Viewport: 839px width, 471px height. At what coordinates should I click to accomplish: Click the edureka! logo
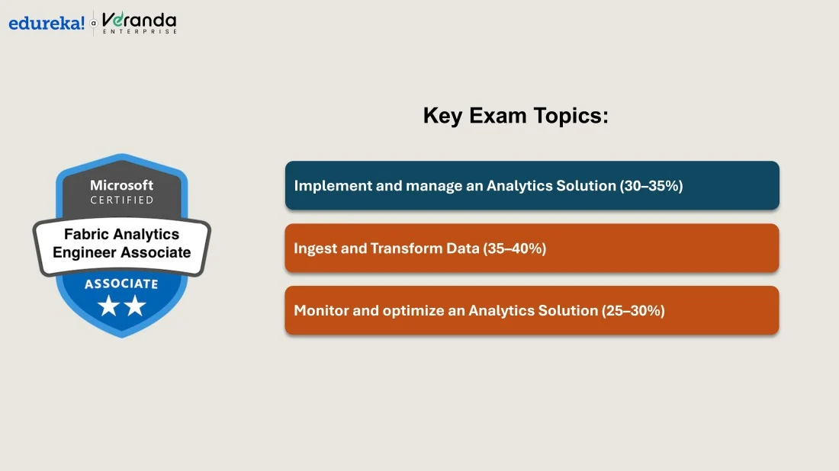47,23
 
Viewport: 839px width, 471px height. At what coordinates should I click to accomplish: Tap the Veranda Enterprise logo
139,23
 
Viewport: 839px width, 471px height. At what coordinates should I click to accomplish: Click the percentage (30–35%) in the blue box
651,185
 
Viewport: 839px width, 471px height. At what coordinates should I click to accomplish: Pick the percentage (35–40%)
514,248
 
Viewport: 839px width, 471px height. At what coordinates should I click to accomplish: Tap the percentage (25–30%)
633,311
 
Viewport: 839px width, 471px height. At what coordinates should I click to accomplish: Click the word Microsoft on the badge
121,185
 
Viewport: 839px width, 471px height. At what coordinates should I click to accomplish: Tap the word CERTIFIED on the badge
121,200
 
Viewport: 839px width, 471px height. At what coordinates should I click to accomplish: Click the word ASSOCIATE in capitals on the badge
121,284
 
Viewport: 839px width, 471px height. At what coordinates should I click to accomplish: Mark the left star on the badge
108,306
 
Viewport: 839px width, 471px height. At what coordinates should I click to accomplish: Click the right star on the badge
135,306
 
